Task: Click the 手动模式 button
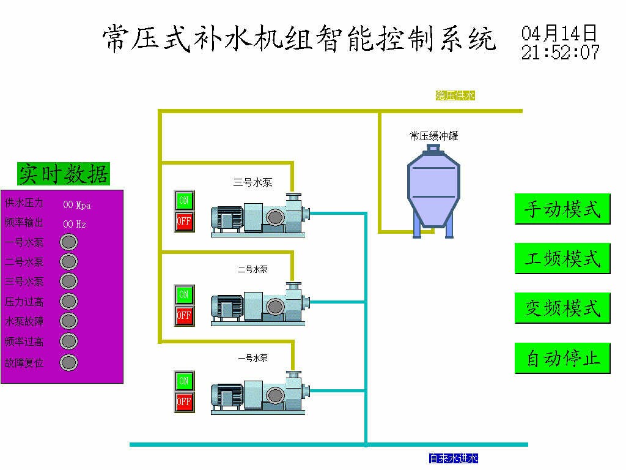coord(562,209)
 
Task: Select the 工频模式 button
coord(562,259)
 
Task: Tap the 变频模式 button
coord(562,308)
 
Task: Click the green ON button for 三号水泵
coord(184,200)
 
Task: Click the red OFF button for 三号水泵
coord(184,222)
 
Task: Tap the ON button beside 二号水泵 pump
coord(184,294)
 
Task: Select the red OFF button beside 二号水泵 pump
coord(184,316)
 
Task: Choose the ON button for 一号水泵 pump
coord(184,381)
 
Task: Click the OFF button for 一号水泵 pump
coord(184,402)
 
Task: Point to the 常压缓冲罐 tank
coord(433,192)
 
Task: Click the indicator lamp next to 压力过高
coord(68,301)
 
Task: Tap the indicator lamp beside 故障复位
coord(68,363)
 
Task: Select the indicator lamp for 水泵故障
coord(68,321)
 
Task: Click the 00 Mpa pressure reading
coord(76,206)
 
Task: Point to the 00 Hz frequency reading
coord(75,224)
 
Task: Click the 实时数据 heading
coord(64,174)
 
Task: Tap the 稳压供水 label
coord(455,95)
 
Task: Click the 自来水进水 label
coord(454,458)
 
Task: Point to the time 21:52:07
coord(560,53)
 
